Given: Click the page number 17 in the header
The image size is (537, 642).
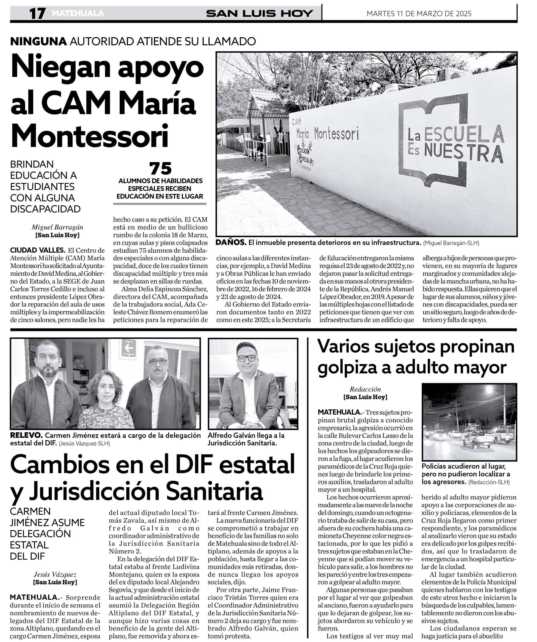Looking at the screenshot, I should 37,14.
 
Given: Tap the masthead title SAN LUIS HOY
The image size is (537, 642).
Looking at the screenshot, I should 259,14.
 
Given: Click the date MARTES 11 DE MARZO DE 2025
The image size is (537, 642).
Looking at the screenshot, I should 419,14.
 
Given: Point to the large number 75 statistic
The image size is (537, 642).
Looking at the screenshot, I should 160,169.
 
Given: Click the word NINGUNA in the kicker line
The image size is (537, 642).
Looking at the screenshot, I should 39,41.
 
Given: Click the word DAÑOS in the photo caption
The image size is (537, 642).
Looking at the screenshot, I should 231,243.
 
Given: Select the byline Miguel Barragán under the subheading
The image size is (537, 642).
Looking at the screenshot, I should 57,227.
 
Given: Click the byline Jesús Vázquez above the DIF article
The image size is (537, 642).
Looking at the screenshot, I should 55,575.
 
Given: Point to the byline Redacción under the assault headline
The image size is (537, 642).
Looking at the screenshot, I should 365,389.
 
